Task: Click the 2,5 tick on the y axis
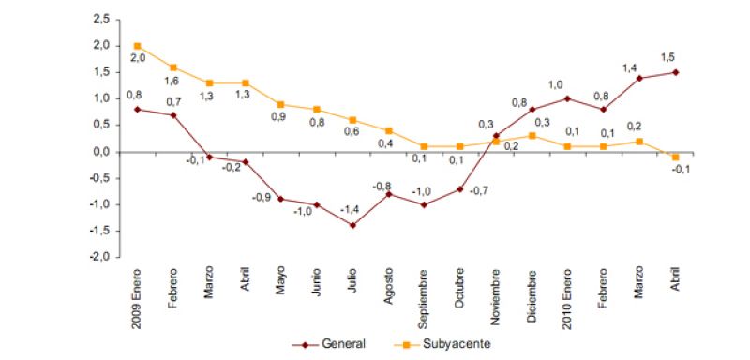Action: (x=101, y=19)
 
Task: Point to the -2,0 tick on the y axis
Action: (x=99, y=257)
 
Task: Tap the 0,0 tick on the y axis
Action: (x=101, y=151)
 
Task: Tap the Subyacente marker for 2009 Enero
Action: (x=138, y=46)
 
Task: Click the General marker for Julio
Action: (x=352, y=225)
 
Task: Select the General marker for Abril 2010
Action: (x=675, y=72)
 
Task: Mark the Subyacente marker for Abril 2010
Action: (x=675, y=157)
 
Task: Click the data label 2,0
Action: (x=138, y=59)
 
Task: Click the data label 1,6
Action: (x=173, y=81)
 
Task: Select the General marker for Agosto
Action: (x=388, y=194)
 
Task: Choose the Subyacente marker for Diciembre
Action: (x=532, y=136)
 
